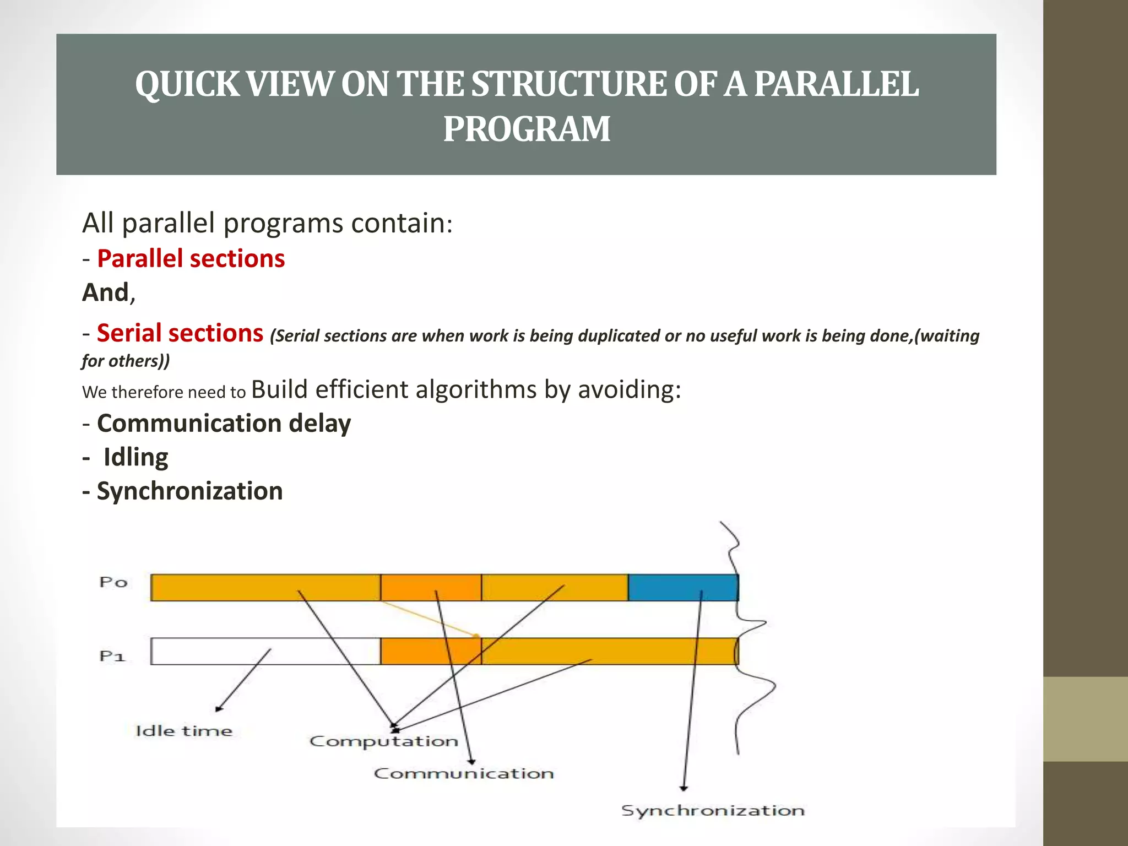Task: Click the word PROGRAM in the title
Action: (x=527, y=129)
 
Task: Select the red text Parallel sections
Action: (x=191, y=259)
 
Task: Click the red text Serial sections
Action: (x=180, y=333)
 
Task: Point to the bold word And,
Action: (x=109, y=292)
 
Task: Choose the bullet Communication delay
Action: (x=224, y=424)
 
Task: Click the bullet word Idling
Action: (x=135, y=458)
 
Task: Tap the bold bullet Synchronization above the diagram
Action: (x=189, y=491)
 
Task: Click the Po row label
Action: (x=113, y=582)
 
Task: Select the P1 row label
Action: (x=112, y=656)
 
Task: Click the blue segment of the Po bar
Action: (x=682, y=587)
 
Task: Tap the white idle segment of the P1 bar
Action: (x=264, y=651)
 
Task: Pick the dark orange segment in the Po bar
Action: (x=430, y=587)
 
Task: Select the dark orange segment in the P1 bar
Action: (x=430, y=651)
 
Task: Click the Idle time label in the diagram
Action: (x=184, y=731)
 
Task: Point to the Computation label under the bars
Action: (x=383, y=741)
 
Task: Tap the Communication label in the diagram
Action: (x=464, y=773)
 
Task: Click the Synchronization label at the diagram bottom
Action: (x=713, y=810)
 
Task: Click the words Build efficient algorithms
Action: (x=393, y=389)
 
